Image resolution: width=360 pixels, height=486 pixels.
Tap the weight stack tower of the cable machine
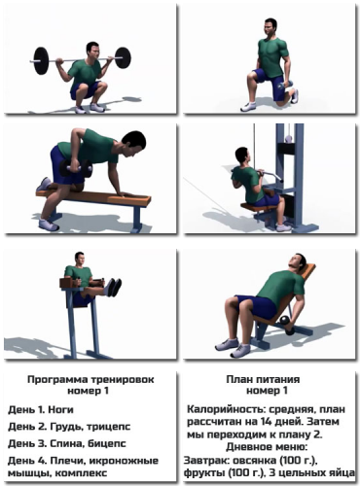click(x=292, y=175)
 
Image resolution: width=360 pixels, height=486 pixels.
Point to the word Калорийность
click(x=226, y=410)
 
